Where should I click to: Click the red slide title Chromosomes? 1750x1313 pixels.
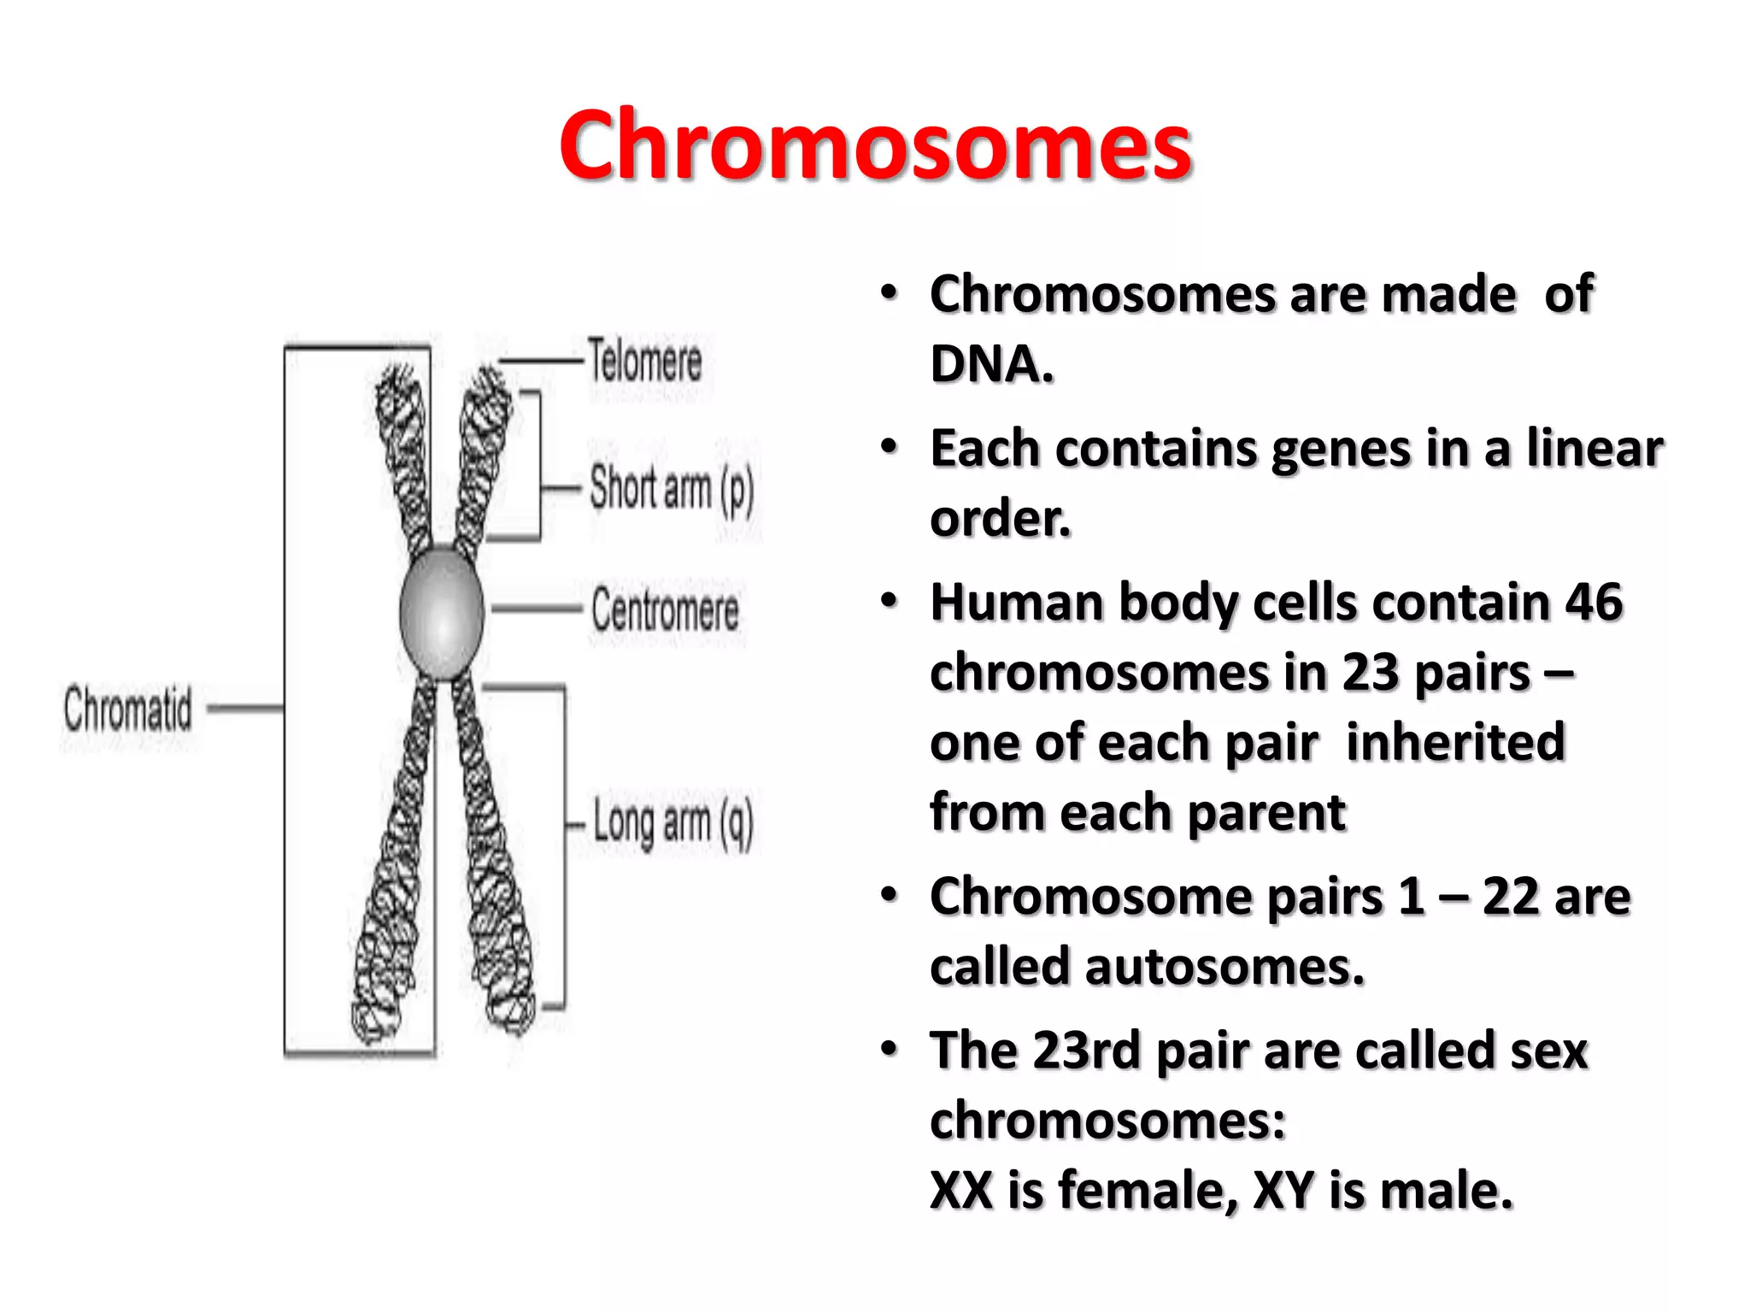pos(875,145)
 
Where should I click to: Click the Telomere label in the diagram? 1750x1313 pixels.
pos(645,361)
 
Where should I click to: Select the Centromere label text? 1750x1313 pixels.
pos(665,610)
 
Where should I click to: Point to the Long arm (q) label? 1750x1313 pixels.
pos(673,822)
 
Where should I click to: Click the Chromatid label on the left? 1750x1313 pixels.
pos(128,708)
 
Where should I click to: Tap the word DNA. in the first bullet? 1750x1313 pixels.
pos(991,364)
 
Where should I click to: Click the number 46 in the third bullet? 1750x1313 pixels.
pos(1593,603)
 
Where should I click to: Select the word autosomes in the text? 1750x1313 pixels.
pos(1224,968)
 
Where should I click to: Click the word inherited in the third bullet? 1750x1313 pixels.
pos(1455,742)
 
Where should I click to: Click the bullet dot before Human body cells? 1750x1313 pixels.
pos(890,601)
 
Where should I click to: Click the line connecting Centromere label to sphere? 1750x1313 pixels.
pos(537,609)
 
